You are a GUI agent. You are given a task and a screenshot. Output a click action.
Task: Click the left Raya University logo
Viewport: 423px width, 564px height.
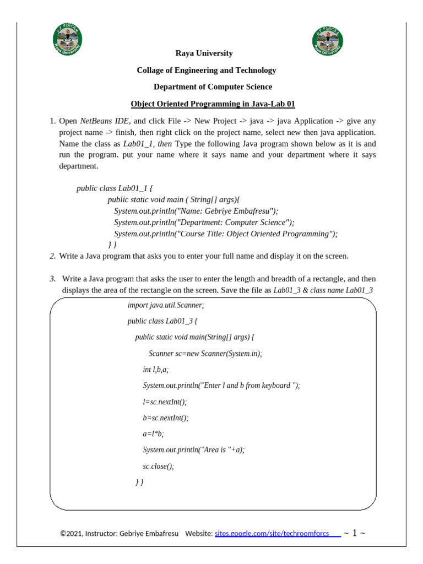tap(68, 40)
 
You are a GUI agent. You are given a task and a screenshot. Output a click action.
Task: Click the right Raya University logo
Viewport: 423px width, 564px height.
tap(328, 40)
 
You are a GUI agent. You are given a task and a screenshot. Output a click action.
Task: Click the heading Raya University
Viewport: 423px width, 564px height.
tap(204, 53)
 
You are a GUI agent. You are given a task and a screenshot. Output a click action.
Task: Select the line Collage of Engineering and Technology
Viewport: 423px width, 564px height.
tap(206, 70)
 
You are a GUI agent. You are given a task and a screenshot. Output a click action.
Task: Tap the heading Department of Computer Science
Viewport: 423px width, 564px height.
tap(213, 87)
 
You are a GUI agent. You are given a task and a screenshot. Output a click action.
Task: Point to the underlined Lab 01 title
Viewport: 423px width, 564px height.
tap(213, 104)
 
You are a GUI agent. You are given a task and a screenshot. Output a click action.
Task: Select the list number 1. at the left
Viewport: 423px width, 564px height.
tap(53, 121)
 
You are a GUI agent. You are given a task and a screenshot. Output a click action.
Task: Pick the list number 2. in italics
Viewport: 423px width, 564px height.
tap(53, 256)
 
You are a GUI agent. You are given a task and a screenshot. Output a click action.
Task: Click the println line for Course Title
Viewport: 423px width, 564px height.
tap(225, 234)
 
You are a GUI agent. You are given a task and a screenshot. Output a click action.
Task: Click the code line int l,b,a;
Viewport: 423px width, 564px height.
tap(155, 370)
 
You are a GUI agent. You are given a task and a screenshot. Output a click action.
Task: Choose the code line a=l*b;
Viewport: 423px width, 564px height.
tap(153, 434)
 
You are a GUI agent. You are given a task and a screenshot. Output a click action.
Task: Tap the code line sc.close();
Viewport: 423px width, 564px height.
tap(158, 466)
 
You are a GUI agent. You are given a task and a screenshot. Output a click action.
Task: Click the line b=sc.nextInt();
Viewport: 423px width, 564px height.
tap(165, 418)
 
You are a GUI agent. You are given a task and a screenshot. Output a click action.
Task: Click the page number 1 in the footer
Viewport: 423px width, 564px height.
tap(355, 533)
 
